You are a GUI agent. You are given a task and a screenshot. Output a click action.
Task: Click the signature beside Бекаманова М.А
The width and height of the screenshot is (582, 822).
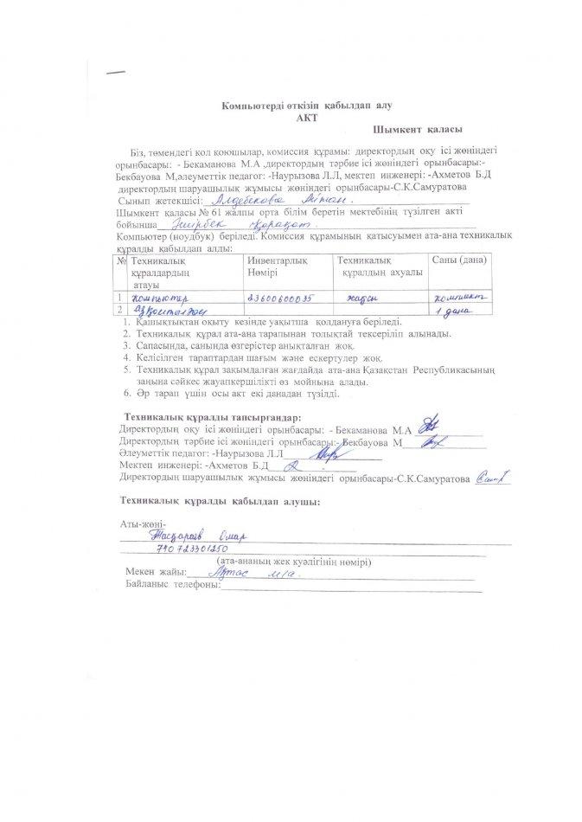425,427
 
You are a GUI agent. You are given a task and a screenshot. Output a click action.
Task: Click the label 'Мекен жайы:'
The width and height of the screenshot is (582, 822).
156,573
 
